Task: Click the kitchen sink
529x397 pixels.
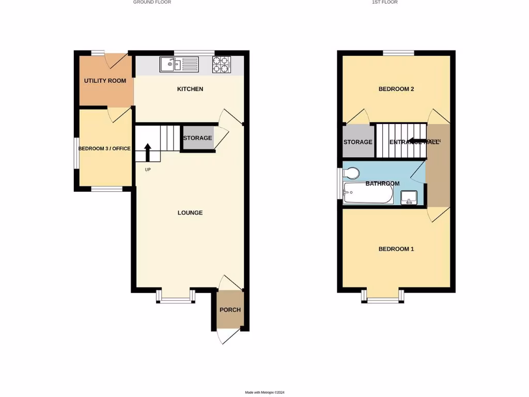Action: pos(179,64)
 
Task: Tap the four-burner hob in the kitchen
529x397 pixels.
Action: pos(221,64)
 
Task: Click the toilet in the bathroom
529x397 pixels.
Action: pos(352,173)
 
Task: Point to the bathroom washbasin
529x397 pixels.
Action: pos(409,197)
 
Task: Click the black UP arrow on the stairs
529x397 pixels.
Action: pos(148,152)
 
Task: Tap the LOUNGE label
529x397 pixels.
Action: pos(190,212)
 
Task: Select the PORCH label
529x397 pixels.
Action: pos(230,310)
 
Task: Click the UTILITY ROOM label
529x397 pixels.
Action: pos(105,81)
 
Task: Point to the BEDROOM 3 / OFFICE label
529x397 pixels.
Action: pos(104,149)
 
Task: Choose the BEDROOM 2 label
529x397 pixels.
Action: pos(396,89)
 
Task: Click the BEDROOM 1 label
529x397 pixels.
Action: pos(396,249)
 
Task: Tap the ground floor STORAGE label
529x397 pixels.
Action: pos(197,138)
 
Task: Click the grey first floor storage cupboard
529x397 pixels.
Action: pos(358,142)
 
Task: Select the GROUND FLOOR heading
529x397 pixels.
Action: pos(152,3)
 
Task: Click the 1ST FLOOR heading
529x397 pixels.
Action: pos(384,3)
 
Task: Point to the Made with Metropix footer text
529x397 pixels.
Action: pos(264,392)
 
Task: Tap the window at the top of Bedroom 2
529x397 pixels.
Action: pos(398,52)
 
